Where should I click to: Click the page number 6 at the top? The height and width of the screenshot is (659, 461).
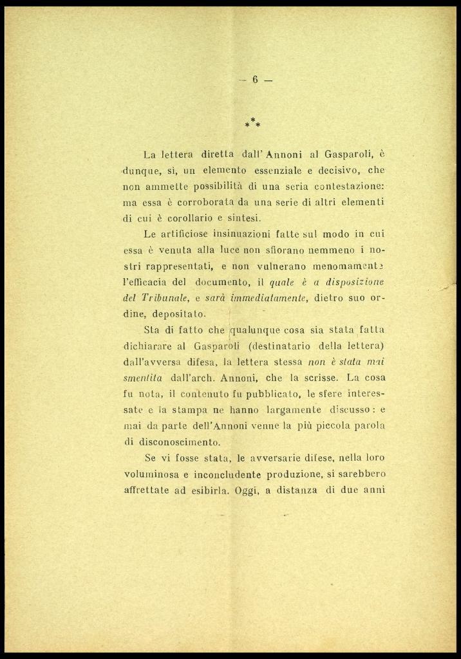pyautogui.click(x=255, y=80)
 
